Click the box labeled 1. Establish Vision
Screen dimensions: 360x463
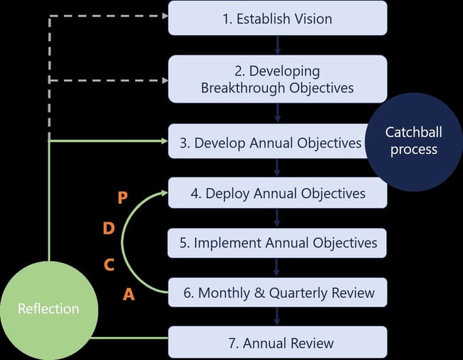pos(277,18)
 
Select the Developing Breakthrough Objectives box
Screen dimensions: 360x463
pos(277,80)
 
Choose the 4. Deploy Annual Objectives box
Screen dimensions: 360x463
pos(277,193)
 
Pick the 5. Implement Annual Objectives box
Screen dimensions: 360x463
pos(277,243)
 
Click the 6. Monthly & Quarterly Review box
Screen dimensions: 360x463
pos(277,292)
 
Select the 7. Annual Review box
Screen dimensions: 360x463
pos(277,343)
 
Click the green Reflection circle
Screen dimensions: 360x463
pos(48,309)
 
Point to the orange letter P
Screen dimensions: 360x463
pos(123,198)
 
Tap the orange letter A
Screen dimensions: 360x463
pos(128,294)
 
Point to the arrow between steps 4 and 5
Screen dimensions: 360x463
pos(277,217)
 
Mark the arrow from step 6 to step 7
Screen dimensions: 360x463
pos(277,317)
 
